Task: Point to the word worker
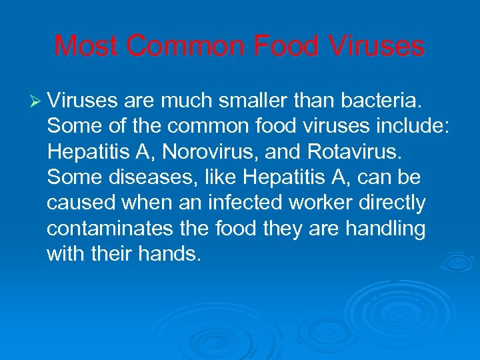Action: pos(344,203)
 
